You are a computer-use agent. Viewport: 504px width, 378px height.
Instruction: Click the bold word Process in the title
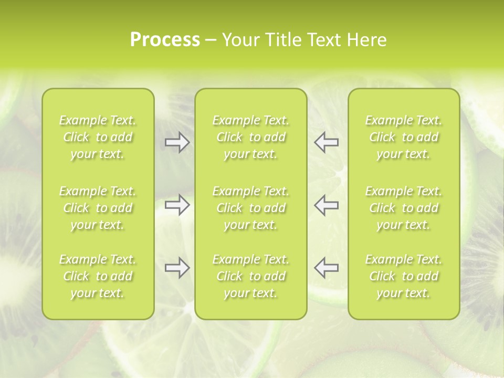(165, 40)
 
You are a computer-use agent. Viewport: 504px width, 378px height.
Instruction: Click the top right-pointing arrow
(177, 142)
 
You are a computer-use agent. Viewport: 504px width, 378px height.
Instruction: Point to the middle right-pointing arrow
(177, 205)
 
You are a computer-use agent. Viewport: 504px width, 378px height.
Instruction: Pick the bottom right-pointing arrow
(177, 268)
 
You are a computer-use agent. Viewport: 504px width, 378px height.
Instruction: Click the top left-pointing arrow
(327, 142)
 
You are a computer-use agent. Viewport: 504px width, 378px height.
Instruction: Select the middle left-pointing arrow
(327, 205)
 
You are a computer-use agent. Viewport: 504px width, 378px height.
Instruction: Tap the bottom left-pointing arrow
(327, 268)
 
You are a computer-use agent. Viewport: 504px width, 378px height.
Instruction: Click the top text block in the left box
(98, 137)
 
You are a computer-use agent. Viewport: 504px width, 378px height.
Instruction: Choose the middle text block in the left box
(98, 208)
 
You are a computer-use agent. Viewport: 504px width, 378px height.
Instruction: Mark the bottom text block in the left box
(98, 276)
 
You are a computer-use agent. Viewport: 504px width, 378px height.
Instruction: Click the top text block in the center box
(251, 137)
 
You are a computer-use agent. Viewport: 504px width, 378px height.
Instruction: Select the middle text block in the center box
(251, 208)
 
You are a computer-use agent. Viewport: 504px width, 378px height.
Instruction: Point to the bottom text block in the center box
(251, 276)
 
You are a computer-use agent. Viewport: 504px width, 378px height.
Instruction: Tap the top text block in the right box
(404, 137)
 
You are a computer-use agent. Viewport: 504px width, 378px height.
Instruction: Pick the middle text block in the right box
(404, 208)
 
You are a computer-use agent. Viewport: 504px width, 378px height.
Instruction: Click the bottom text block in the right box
(404, 276)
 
